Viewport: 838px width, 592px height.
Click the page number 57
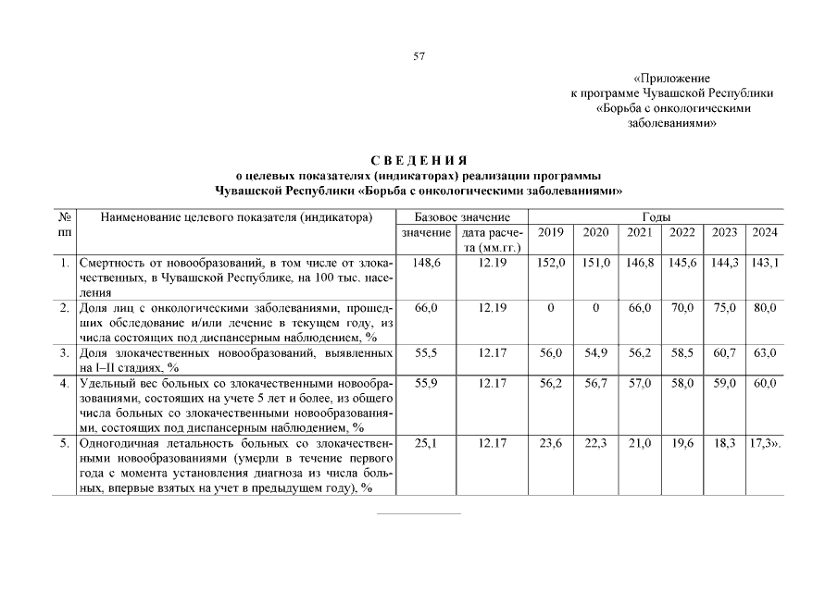click(419, 56)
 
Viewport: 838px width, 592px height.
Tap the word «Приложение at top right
click(671, 80)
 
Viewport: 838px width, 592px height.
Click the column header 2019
click(550, 232)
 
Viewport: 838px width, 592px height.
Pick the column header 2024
click(765, 232)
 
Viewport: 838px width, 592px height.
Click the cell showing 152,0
click(550, 264)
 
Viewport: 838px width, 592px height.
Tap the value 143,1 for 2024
click(765, 264)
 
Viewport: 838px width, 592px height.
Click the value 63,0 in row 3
click(765, 352)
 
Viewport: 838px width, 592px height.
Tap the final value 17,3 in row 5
click(761, 444)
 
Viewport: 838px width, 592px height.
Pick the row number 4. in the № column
click(65, 383)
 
